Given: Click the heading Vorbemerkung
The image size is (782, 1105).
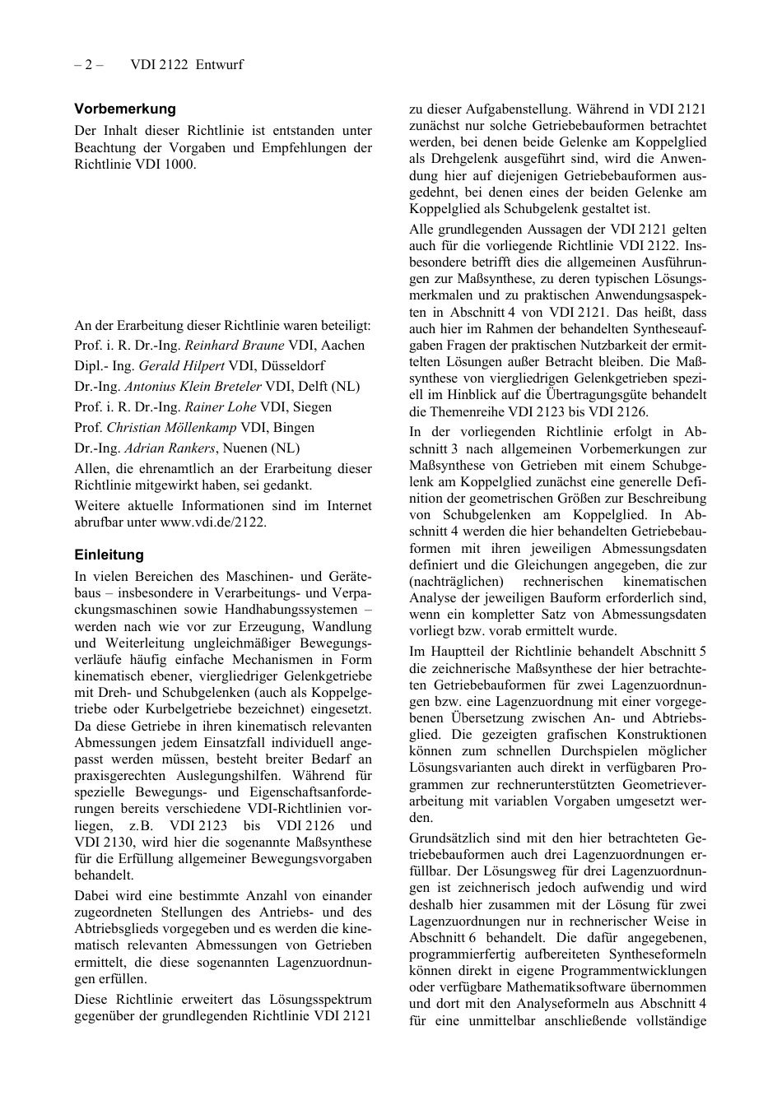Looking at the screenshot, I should tap(125, 109).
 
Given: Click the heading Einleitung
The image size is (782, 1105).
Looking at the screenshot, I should tap(109, 555).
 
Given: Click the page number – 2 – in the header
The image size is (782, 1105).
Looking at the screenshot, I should tap(88, 65).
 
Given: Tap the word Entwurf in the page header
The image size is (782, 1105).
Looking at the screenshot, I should tap(220, 65).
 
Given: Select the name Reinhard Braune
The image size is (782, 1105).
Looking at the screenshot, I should tap(234, 346).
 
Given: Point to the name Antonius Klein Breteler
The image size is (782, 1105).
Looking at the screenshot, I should tap(193, 387).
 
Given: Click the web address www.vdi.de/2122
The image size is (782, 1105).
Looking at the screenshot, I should tap(212, 522).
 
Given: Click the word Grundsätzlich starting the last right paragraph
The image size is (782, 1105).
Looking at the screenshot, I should tap(454, 838).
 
